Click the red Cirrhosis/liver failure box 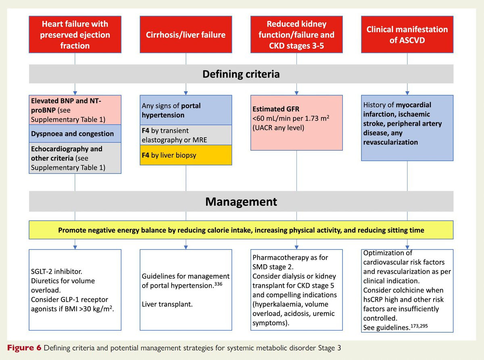(186, 35)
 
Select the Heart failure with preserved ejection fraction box (75, 35)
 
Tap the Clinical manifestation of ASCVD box (407, 35)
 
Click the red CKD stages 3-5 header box (296, 35)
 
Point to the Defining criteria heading (241, 74)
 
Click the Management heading (241, 201)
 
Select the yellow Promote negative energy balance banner (241, 230)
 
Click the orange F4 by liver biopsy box (186, 155)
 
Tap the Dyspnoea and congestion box (75, 134)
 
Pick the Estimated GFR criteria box (296, 122)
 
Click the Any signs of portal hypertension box (186, 110)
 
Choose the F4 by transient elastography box (186, 135)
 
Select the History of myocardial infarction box (407, 128)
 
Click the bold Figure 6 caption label (23, 347)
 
